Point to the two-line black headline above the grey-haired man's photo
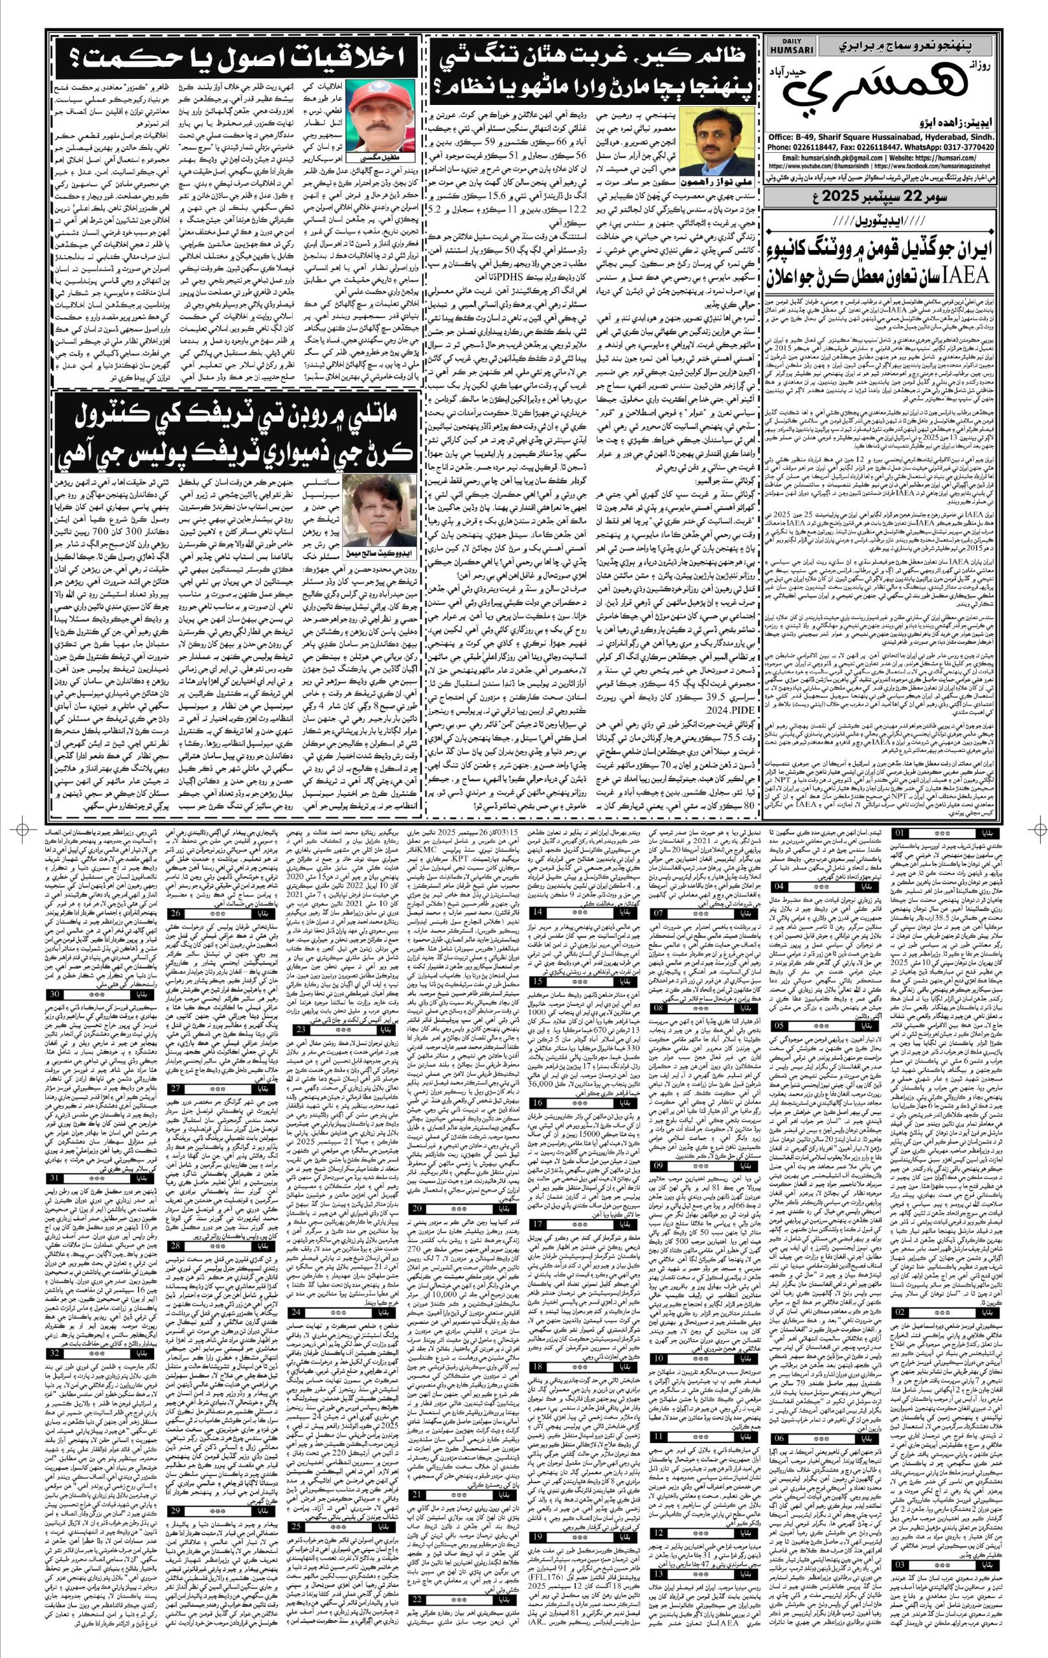click(x=236, y=434)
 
